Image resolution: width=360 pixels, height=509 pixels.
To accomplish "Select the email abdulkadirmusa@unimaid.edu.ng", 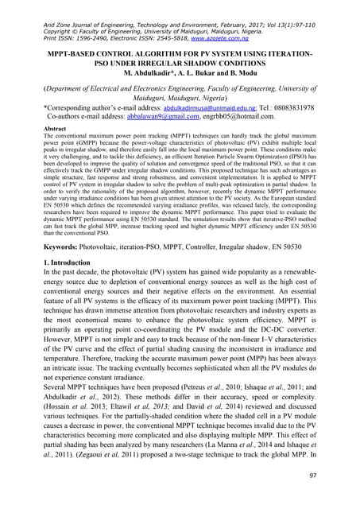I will [x=230, y=107].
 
